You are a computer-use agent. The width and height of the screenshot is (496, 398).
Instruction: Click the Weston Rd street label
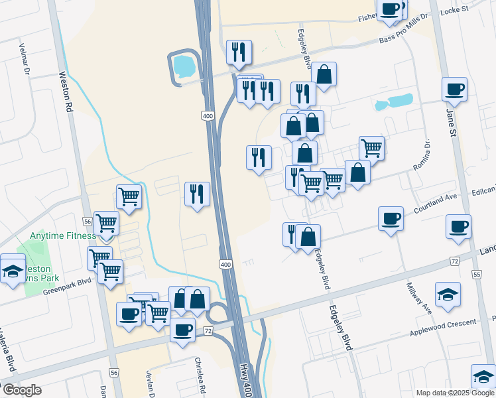point(67,92)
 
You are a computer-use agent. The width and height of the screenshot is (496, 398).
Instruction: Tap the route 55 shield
point(476,274)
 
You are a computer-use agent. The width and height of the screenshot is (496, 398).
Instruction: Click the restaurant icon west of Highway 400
point(197,194)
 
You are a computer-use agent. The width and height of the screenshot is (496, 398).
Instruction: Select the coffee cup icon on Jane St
point(455,89)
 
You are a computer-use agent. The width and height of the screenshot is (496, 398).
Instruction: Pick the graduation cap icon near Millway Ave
point(448,294)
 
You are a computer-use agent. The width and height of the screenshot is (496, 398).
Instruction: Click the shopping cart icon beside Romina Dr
point(371,148)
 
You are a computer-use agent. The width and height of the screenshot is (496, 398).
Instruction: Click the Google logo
point(21,390)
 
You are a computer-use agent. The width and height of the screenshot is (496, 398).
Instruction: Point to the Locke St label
point(454,10)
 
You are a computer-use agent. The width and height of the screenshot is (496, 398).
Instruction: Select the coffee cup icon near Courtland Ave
point(391,218)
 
